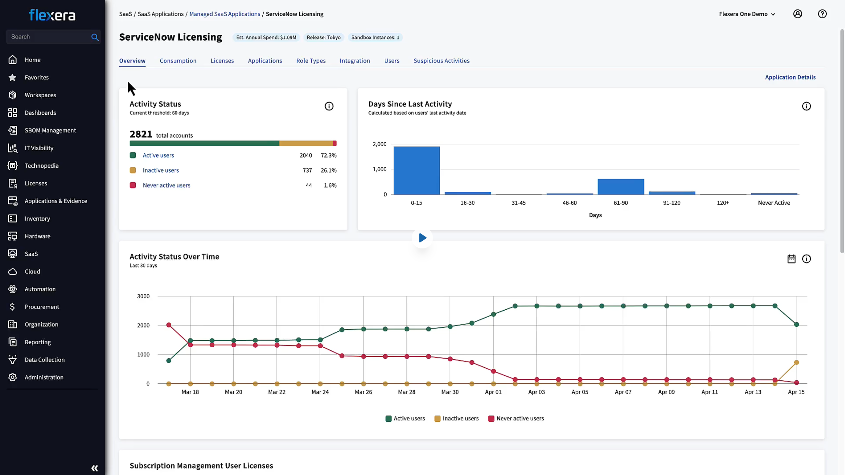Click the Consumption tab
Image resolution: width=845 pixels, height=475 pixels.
(x=178, y=61)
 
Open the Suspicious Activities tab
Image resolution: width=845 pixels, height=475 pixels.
(x=441, y=61)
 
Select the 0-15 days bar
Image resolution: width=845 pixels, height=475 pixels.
(x=416, y=170)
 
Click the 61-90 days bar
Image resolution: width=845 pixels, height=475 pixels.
(x=620, y=187)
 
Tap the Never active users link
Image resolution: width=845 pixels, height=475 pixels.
(x=166, y=185)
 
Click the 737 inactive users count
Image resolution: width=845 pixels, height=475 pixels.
(x=307, y=170)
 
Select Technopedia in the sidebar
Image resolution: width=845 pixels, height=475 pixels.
(x=41, y=165)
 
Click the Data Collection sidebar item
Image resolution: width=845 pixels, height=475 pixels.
(x=44, y=360)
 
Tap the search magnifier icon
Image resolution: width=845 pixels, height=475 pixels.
(x=95, y=37)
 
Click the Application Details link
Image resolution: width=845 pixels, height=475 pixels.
(x=790, y=77)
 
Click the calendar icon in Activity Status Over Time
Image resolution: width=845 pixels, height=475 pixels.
(x=791, y=259)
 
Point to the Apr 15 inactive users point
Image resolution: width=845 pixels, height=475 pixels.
(x=796, y=362)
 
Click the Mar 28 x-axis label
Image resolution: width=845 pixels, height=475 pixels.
(x=406, y=392)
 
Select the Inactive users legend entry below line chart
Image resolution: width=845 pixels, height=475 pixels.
(x=456, y=418)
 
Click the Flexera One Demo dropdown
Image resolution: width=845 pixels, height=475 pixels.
(x=747, y=14)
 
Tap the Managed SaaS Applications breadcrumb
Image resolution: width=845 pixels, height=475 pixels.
(x=224, y=14)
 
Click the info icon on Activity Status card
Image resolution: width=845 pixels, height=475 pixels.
(x=329, y=106)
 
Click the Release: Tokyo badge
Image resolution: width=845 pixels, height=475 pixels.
(x=323, y=37)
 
